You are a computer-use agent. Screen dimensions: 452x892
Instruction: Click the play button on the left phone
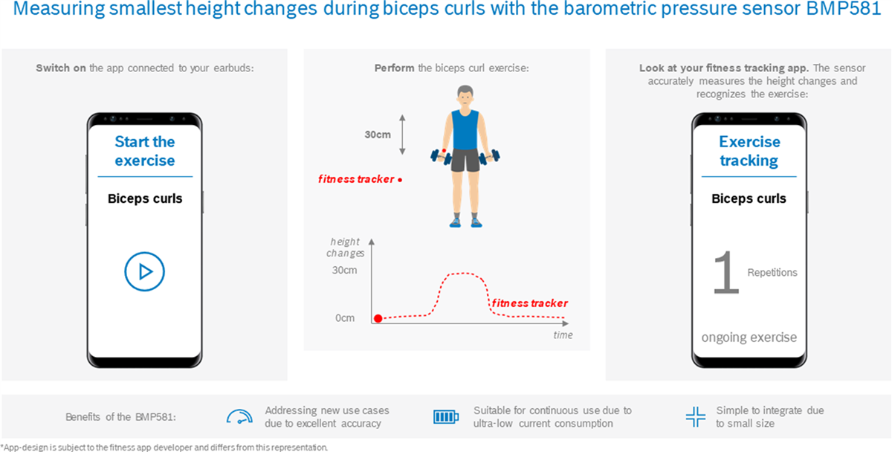[144, 271]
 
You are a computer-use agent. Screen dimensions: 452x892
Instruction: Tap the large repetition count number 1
[725, 274]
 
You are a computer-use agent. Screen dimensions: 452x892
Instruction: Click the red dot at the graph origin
[378, 318]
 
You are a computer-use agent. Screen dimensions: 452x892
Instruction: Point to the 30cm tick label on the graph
[344, 270]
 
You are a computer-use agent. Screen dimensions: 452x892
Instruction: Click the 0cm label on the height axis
[345, 318]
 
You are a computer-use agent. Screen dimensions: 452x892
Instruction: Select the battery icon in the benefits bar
[446, 417]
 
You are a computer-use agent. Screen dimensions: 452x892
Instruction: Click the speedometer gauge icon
[239, 417]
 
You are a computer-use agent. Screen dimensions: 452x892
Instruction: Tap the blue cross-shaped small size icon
[695, 417]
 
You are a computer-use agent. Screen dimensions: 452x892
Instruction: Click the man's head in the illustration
[465, 97]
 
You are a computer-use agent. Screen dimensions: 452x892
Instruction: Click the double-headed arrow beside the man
[402, 134]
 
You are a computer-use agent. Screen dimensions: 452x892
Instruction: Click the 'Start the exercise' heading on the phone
[145, 151]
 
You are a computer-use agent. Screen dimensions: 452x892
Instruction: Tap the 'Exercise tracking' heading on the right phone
[749, 151]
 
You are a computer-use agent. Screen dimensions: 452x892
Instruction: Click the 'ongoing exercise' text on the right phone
[749, 338]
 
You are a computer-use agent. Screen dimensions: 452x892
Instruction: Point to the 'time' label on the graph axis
[563, 335]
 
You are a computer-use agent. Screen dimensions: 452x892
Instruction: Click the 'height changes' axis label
[345, 248]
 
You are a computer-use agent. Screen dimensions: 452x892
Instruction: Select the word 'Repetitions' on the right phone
[772, 273]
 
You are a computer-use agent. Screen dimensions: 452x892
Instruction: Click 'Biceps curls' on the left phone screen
[145, 198]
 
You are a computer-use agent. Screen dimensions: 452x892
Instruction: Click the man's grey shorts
[465, 160]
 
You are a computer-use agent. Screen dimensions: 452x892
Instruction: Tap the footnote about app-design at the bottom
[164, 447]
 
